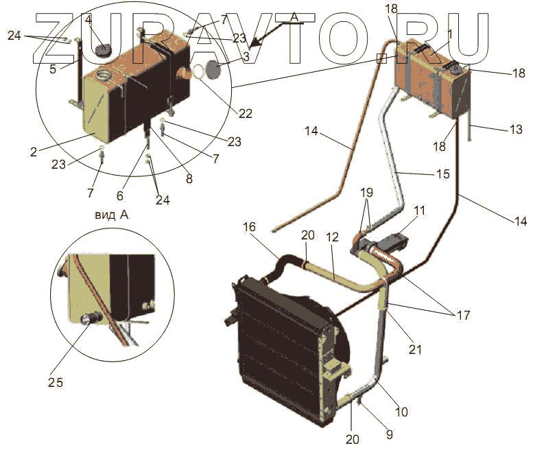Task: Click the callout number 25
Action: pos(56,382)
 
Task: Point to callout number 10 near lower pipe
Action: pos(401,412)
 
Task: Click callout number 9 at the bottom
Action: pos(389,434)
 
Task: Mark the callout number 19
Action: pos(366,193)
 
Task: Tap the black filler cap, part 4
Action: pos(104,51)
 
